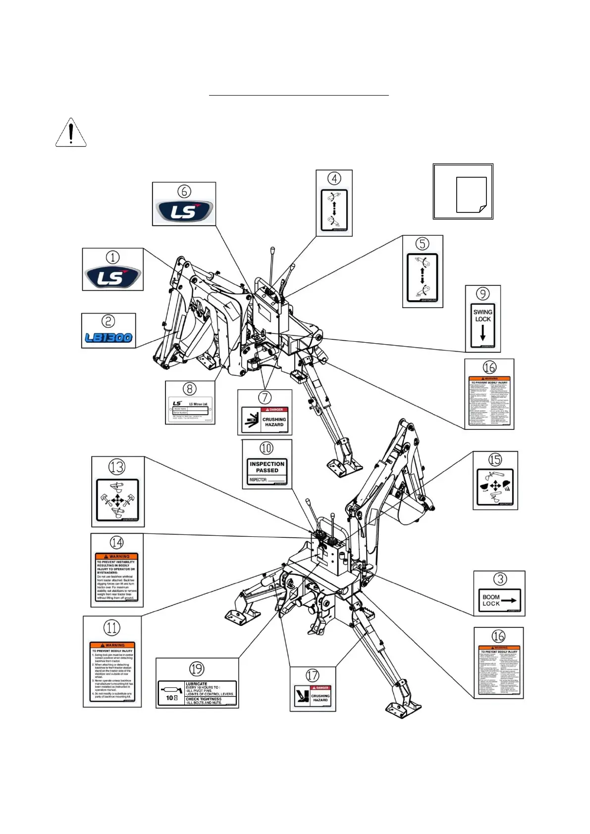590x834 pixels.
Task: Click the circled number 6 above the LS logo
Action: pos(184,191)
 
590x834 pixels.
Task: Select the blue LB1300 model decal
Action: pos(108,338)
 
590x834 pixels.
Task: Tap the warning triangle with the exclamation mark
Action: pos(71,133)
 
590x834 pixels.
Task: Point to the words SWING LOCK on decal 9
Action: pos(483,315)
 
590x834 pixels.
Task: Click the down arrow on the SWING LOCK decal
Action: pos(483,333)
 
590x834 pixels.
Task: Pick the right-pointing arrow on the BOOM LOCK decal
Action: pos(509,601)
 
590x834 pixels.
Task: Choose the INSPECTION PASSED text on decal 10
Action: pos(267,467)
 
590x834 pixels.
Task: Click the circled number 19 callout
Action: pos(197,669)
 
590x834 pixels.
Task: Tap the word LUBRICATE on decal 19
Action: pos(196,684)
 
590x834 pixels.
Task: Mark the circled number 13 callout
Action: pos(117,467)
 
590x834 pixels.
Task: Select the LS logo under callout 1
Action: pos(112,277)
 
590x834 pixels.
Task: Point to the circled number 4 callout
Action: pos(334,178)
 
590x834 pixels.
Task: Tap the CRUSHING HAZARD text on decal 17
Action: pos(320,698)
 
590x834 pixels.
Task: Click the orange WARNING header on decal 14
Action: pos(117,557)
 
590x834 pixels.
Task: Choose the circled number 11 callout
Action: pos(112,627)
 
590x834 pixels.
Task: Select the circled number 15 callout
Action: pos(495,460)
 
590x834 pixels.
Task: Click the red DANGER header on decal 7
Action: pos(275,410)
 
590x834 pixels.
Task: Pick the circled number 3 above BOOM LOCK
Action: pos(500,579)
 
